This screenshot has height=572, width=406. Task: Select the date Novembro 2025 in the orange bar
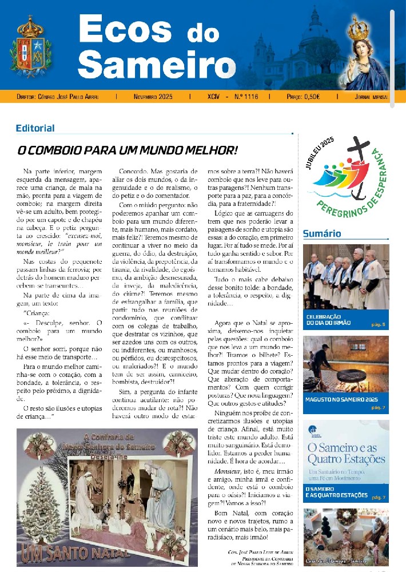tap(153, 97)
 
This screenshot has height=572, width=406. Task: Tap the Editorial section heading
tap(35, 128)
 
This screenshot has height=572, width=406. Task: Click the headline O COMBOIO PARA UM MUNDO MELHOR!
tap(127, 150)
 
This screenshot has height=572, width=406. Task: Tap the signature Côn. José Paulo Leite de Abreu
tap(260, 553)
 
